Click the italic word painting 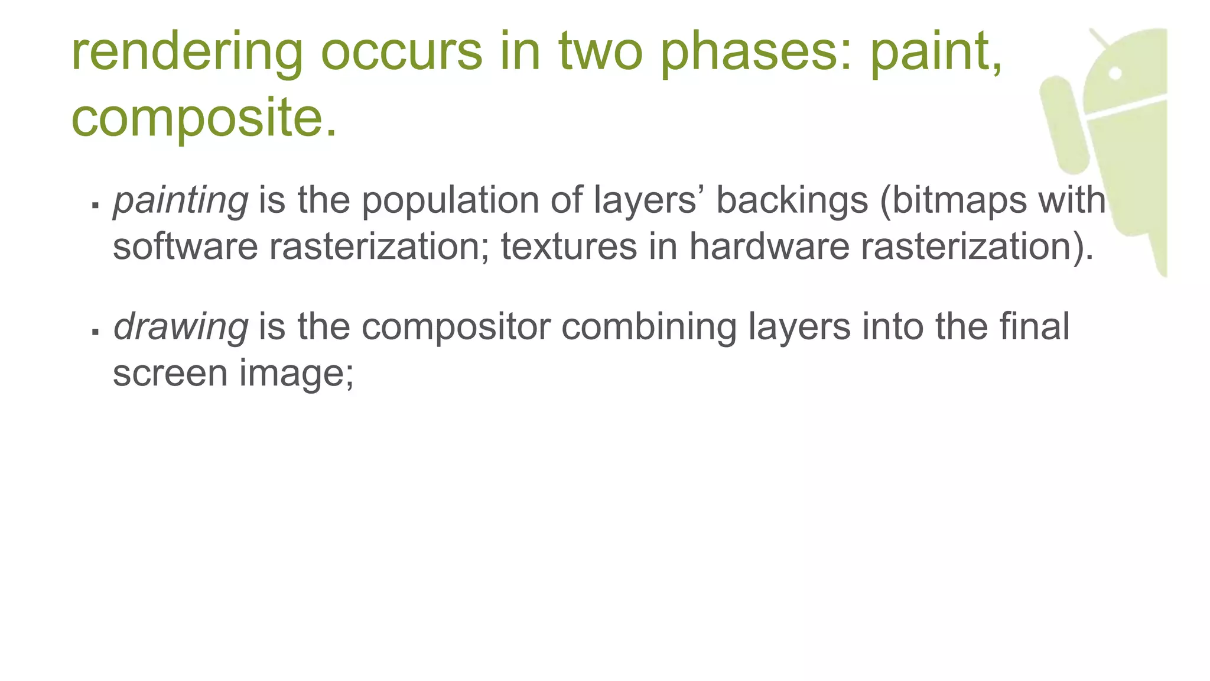[181, 201]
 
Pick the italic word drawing [181, 327]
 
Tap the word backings [792, 201]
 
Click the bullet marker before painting [95, 205]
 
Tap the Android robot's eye [1115, 73]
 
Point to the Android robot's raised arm [1064, 125]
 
